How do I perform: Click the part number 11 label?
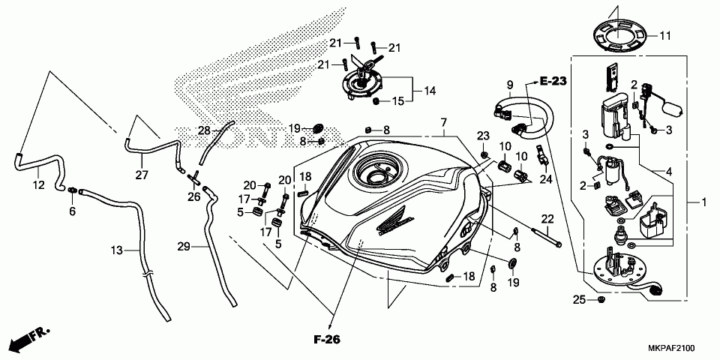click(x=665, y=35)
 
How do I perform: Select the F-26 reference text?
click(x=326, y=340)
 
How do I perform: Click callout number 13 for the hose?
click(x=116, y=250)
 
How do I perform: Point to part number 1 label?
click(x=704, y=202)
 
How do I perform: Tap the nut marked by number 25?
click(x=601, y=301)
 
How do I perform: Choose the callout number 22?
click(x=547, y=219)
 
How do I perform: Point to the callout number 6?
click(x=73, y=212)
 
